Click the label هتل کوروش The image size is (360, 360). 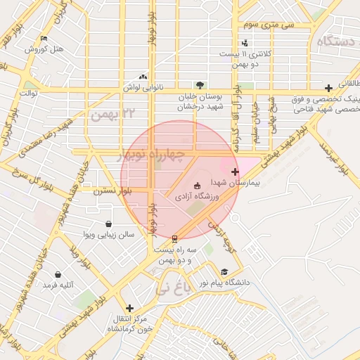click(x=44, y=49)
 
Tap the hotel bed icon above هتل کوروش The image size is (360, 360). click(x=44, y=38)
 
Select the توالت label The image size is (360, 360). click(x=28, y=92)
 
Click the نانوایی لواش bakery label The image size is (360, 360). click(x=143, y=87)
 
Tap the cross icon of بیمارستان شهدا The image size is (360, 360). click(x=234, y=172)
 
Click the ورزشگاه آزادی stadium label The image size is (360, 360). click(x=197, y=196)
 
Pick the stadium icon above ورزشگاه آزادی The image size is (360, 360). click(x=196, y=186)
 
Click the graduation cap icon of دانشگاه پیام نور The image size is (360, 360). click(x=224, y=271)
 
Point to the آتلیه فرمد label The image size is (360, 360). click(x=58, y=285)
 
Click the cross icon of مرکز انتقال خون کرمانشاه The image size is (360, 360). click(x=129, y=308)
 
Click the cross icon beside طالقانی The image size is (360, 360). click(x=328, y=88)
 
